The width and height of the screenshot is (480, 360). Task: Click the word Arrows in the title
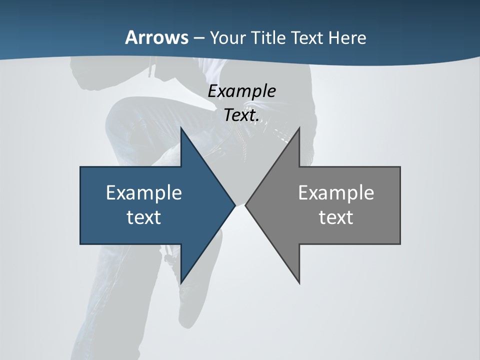point(156,37)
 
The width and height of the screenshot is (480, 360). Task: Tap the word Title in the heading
point(269,37)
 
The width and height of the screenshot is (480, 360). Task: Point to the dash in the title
point(198,38)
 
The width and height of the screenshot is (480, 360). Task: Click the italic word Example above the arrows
point(242,91)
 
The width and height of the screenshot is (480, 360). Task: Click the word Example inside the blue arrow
point(144,192)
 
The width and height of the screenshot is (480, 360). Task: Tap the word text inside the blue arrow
point(144,217)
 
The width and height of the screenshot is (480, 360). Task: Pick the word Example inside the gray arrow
point(336,192)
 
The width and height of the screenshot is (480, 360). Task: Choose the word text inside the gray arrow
point(336,217)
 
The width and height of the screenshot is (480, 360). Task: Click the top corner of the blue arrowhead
point(181,129)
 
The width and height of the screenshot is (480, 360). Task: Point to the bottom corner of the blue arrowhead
point(181,282)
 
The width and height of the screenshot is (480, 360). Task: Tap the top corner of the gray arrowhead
point(299,129)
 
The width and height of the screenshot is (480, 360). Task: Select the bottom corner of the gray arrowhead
point(299,282)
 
